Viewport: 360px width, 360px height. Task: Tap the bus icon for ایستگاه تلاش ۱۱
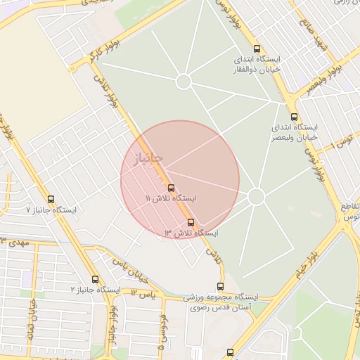pos(171,188)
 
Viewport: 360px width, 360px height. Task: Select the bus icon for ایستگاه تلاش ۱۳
pos(191,221)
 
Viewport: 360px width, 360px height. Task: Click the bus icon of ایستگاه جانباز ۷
pos(51,199)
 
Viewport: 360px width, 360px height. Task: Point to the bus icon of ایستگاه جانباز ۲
pos(95,279)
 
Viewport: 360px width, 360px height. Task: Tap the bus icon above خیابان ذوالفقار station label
pos(256,49)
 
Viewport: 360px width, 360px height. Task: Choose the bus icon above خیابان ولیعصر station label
pos(293,117)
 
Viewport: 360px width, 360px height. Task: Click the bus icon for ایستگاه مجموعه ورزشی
pos(221,286)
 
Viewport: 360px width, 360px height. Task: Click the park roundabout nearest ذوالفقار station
pos(184,82)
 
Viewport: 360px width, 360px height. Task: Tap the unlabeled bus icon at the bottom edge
pos(230,353)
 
